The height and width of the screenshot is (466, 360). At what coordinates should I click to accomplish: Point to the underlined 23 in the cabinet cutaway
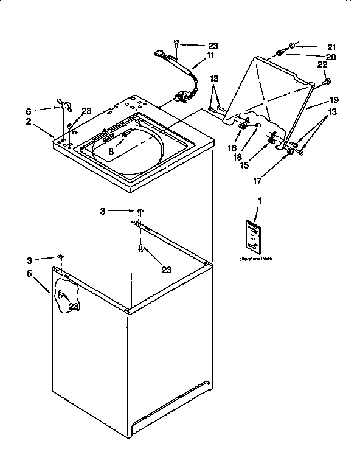pos(74,307)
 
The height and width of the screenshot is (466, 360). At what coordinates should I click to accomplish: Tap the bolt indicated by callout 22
pos(327,81)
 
